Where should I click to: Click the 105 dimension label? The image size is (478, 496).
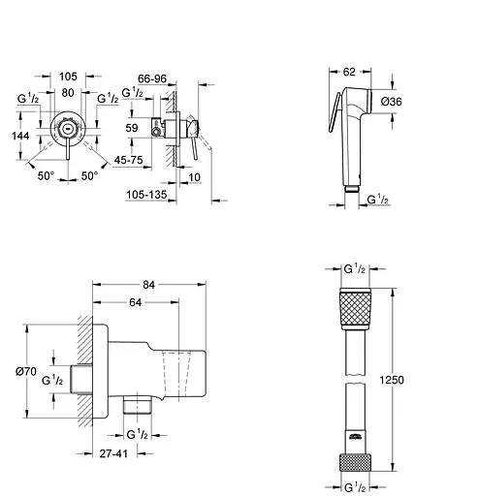tap(68, 77)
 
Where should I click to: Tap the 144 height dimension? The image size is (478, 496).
tap(20, 136)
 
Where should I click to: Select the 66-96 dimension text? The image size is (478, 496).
tap(152, 78)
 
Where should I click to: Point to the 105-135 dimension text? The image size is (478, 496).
tap(146, 195)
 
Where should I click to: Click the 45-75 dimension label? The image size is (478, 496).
tap(128, 160)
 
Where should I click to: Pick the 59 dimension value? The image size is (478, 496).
tap(132, 128)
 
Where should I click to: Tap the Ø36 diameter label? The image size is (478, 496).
tap(391, 102)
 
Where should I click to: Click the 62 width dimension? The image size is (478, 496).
tap(349, 72)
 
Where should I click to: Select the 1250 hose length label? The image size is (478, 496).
tap(392, 380)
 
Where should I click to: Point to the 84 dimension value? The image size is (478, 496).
tap(148, 285)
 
